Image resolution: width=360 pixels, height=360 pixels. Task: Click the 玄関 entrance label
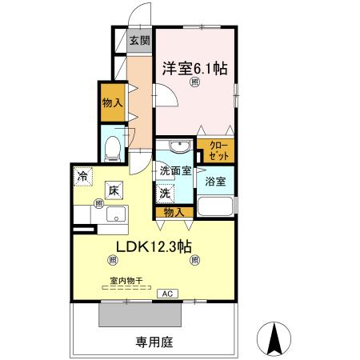click(138, 41)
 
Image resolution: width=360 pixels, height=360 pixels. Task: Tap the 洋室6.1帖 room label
click(196, 69)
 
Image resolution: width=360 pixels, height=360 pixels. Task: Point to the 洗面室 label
click(174, 170)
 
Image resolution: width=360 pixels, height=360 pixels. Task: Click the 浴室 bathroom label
click(216, 181)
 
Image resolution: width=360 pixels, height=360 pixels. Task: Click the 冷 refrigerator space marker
click(83, 175)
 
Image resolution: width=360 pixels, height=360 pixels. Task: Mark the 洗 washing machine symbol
click(164, 192)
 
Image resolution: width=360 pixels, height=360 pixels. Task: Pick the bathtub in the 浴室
click(216, 206)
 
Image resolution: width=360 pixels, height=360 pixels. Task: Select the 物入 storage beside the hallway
click(111, 102)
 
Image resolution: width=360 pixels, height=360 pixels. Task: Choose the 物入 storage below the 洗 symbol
click(174, 212)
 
